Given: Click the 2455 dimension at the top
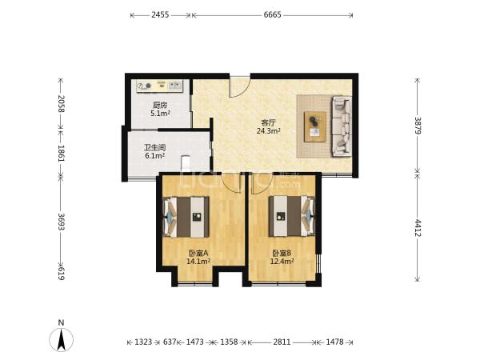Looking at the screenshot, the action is [x=160, y=14].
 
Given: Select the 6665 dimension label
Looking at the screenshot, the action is [x=273, y=14].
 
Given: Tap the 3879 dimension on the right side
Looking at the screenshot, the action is [x=418, y=126].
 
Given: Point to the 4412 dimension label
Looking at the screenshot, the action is [x=418, y=228].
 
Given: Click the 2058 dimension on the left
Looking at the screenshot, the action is [x=62, y=104].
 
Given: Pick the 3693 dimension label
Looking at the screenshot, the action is [x=62, y=222].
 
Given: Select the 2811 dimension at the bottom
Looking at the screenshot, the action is [x=282, y=342].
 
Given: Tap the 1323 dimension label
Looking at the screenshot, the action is [x=143, y=342].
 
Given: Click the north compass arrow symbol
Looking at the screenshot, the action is [x=62, y=339].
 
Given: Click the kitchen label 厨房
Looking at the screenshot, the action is [x=160, y=106].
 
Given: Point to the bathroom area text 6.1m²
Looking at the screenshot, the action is [x=155, y=156].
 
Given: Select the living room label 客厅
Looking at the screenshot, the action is [x=269, y=122].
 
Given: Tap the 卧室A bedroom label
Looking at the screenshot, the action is [x=198, y=253].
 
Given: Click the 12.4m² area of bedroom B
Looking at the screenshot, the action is [x=282, y=261].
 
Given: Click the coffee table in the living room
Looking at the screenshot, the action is [x=315, y=126].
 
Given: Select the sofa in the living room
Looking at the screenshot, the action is [x=342, y=126].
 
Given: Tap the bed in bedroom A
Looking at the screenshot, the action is [x=186, y=217].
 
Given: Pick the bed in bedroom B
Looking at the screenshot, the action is [x=292, y=216].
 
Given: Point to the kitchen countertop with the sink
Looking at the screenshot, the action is [x=159, y=86].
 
